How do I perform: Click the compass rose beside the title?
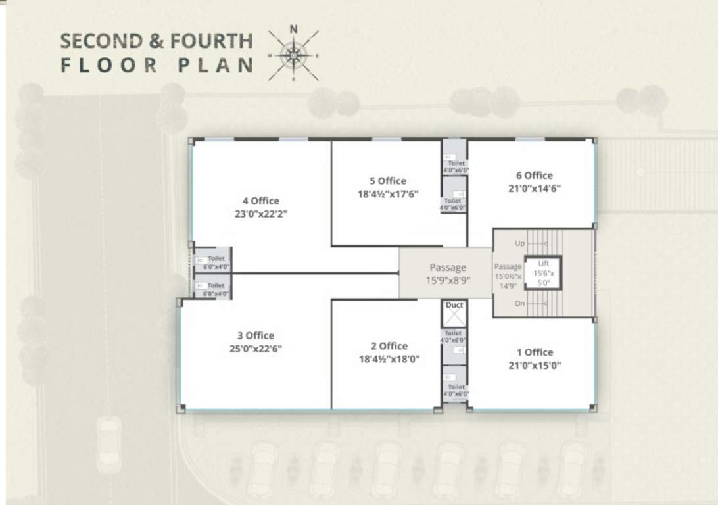[293, 55]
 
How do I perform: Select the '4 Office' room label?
[260, 201]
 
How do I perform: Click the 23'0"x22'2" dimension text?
[260, 214]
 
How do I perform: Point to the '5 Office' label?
[388, 181]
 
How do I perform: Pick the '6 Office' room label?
[534, 176]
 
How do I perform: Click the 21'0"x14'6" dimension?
[534, 188]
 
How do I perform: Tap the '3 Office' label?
[256, 335]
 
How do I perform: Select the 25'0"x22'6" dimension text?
[256, 349]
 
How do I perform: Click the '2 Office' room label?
[389, 346]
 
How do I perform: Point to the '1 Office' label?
[534, 352]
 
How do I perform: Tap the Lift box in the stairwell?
[543, 273]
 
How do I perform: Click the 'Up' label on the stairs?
[519, 243]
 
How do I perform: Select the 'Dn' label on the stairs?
[519, 304]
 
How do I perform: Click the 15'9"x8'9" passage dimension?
[447, 281]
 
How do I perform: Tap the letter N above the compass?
[294, 28]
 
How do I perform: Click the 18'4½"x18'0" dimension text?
[389, 359]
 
